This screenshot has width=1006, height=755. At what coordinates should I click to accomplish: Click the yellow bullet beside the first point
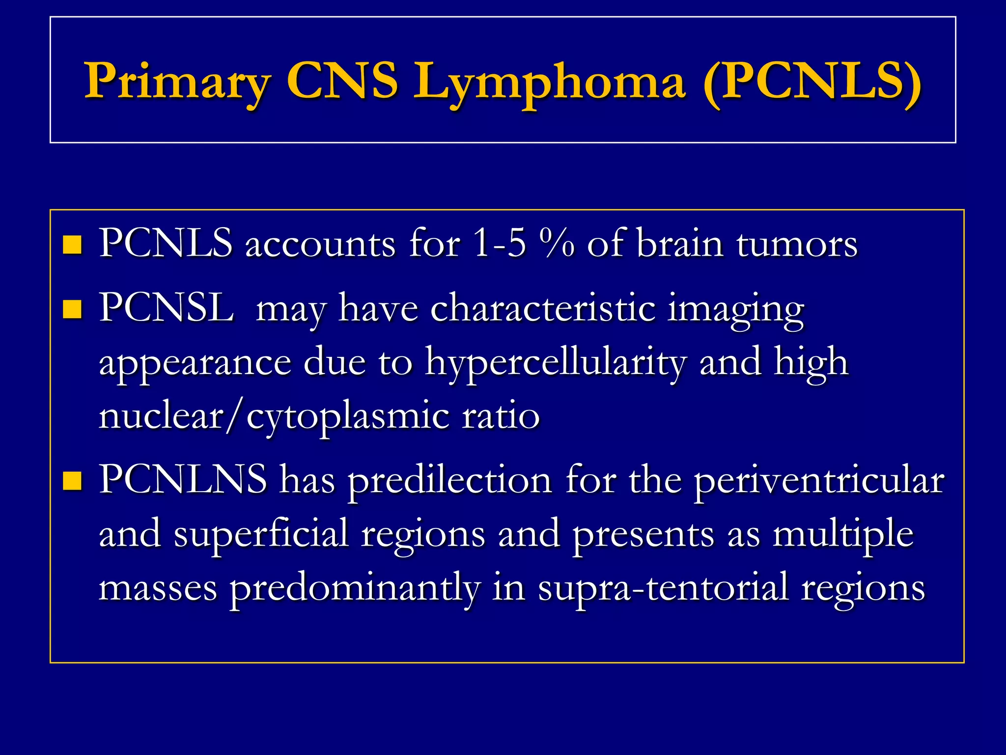pos(72,245)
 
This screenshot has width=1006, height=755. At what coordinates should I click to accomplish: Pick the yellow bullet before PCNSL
pos(72,310)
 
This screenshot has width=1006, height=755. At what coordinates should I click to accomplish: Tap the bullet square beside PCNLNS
pos(72,481)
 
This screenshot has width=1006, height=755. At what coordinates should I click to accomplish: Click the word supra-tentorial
pos(663,589)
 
